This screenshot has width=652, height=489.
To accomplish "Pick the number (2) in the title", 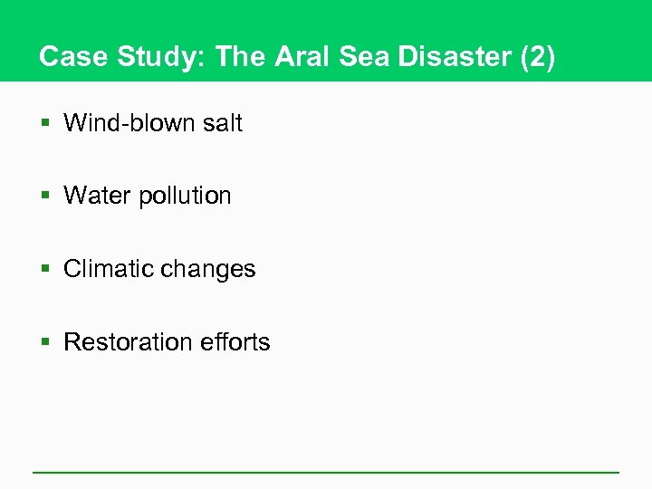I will [x=537, y=57].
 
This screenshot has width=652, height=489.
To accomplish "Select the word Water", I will [x=97, y=196].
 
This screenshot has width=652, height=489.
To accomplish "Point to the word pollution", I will [x=185, y=197].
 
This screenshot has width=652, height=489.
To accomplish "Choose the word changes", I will [x=210, y=270].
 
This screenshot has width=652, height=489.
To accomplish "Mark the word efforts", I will [x=237, y=342].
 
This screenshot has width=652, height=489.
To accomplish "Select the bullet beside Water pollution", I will [x=47, y=197].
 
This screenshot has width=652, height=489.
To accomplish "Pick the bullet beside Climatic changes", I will [x=47, y=270].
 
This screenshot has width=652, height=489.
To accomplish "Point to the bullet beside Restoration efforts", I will [x=47, y=343].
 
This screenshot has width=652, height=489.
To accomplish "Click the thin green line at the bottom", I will [x=326, y=472].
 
